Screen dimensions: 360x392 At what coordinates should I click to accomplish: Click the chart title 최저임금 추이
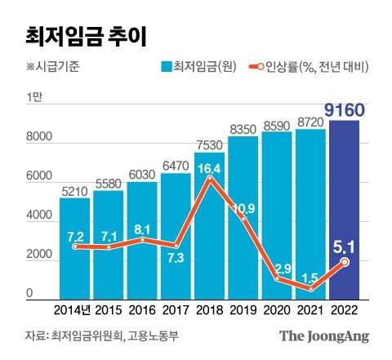coord(78,35)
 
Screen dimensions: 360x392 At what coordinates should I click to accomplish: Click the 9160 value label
coord(350,109)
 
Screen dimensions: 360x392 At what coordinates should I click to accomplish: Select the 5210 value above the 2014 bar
coord(74,190)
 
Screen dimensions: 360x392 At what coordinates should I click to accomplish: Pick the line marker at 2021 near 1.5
coord(312,288)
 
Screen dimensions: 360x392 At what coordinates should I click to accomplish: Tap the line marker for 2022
coord(345,262)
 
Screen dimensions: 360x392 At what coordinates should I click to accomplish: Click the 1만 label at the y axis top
coord(33,98)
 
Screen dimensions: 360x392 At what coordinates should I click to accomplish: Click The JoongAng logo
coord(323,336)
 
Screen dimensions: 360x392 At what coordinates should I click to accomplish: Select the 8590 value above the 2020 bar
coord(277,124)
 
